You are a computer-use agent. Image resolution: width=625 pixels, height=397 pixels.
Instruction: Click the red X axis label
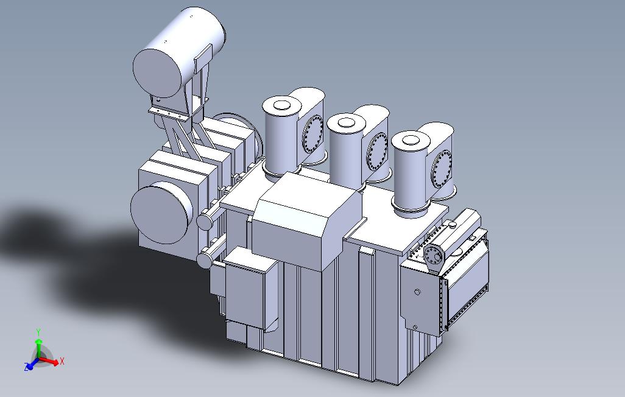pos(62,361)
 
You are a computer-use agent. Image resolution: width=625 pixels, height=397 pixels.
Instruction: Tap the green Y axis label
pos(38,332)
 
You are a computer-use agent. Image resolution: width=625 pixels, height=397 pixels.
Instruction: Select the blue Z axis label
pos(27,367)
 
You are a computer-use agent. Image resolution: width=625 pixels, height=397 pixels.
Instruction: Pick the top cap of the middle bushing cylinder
pos(346,123)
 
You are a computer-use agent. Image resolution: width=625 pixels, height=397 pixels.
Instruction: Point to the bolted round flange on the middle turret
pos(377,152)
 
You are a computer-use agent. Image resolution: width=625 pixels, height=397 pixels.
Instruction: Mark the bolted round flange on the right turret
pos(442,169)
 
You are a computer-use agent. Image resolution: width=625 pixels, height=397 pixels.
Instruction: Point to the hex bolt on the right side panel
pos(417,293)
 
